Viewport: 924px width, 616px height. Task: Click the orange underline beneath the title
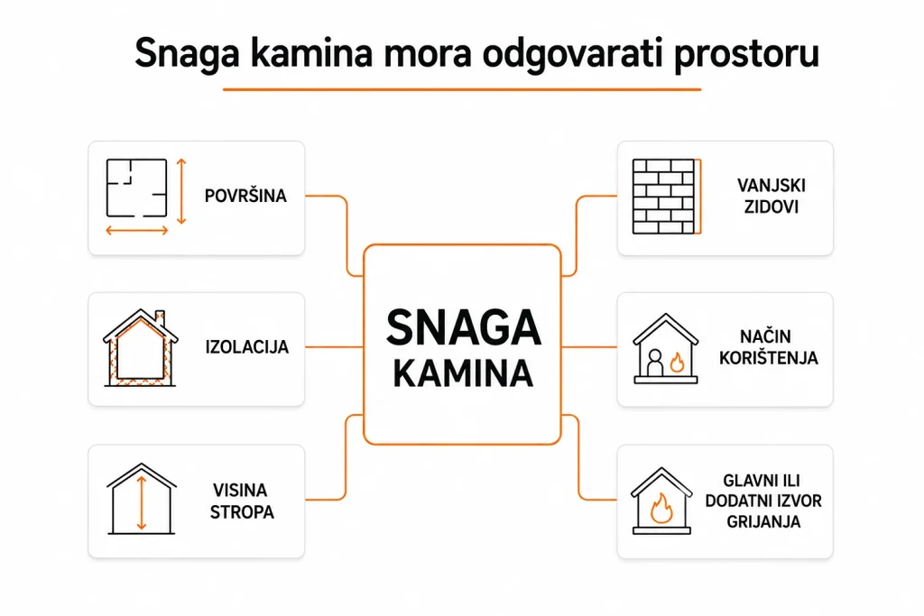pyautogui.click(x=462, y=89)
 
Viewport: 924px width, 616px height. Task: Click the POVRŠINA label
pyautogui.click(x=245, y=195)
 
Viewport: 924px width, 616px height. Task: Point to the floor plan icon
pyautogui.click(x=137, y=188)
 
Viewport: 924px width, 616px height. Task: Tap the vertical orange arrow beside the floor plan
pyautogui.click(x=181, y=191)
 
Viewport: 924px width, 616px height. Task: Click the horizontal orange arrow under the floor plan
pyautogui.click(x=137, y=231)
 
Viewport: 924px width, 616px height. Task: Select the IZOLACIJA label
pyautogui.click(x=247, y=347)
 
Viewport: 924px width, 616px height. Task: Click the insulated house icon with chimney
pyautogui.click(x=140, y=347)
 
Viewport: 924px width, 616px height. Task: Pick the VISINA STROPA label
pyautogui.click(x=242, y=501)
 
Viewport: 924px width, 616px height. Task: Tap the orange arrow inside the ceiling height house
pyautogui.click(x=141, y=503)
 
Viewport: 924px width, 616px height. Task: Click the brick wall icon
pyautogui.click(x=667, y=196)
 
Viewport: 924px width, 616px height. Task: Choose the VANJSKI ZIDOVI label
pyautogui.click(x=771, y=196)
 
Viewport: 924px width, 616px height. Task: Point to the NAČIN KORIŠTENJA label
pyautogui.click(x=769, y=347)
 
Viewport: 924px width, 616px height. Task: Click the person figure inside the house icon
pyautogui.click(x=655, y=363)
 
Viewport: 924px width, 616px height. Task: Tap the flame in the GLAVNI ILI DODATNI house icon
pyautogui.click(x=661, y=508)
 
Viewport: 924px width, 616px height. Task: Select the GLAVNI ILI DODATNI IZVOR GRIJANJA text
pyautogui.click(x=763, y=501)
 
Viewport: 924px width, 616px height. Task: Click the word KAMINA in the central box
pyautogui.click(x=463, y=373)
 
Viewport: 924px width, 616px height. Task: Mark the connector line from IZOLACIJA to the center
pyautogui.click(x=334, y=347)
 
